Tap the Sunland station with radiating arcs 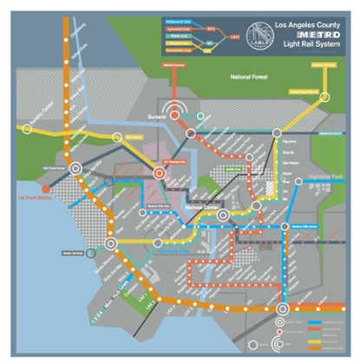coord(180,112)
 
